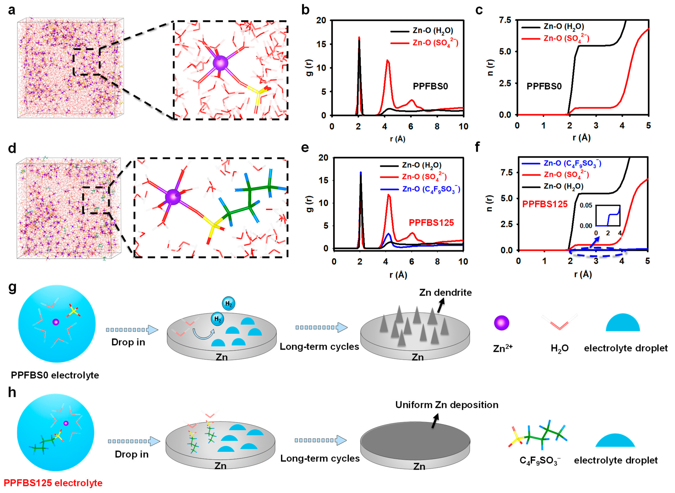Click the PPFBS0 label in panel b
tap(430, 87)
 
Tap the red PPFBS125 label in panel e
tap(431, 223)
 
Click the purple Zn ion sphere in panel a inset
tap(220, 63)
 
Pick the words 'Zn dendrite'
tap(445, 292)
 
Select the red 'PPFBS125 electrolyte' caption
tap(53, 482)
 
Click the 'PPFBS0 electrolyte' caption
tap(55, 375)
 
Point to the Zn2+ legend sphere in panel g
tap(501, 323)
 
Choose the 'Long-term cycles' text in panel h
tap(320, 458)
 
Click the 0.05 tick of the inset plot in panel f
tap(586, 205)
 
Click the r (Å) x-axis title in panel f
tap(583, 275)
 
